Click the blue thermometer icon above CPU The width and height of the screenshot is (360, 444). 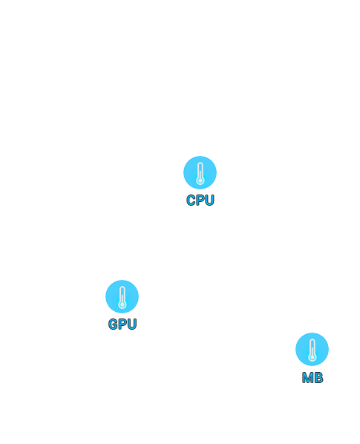[x=200, y=172]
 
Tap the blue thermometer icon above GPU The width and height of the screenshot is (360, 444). [x=122, y=296]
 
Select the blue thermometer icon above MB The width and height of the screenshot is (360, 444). [x=312, y=349]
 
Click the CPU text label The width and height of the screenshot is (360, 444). [x=200, y=200]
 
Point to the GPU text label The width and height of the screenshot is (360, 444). [x=122, y=324]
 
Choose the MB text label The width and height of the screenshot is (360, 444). [x=312, y=377]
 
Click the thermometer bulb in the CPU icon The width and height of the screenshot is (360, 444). [x=200, y=180]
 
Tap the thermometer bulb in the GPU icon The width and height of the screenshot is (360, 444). [x=122, y=304]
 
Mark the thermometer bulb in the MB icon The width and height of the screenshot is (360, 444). [x=312, y=357]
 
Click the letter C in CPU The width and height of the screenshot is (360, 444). [x=191, y=200]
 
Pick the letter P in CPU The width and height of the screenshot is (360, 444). [x=200, y=200]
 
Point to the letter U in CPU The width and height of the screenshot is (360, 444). [x=209, y=200]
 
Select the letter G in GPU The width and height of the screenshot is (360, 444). [x=113, y=324]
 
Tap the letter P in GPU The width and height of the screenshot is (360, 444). [x=122, y=324]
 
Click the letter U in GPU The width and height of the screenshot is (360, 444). [x=132, y=324]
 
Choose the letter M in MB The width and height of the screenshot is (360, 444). [x=307, y=377]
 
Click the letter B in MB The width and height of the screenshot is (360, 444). [x=318, y=377]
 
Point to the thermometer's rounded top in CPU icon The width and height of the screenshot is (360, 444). [x=200, y=163]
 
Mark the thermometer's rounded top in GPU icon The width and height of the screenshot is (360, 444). [x=122, y=287]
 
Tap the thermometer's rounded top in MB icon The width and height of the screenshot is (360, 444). [x=312, y=340]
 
